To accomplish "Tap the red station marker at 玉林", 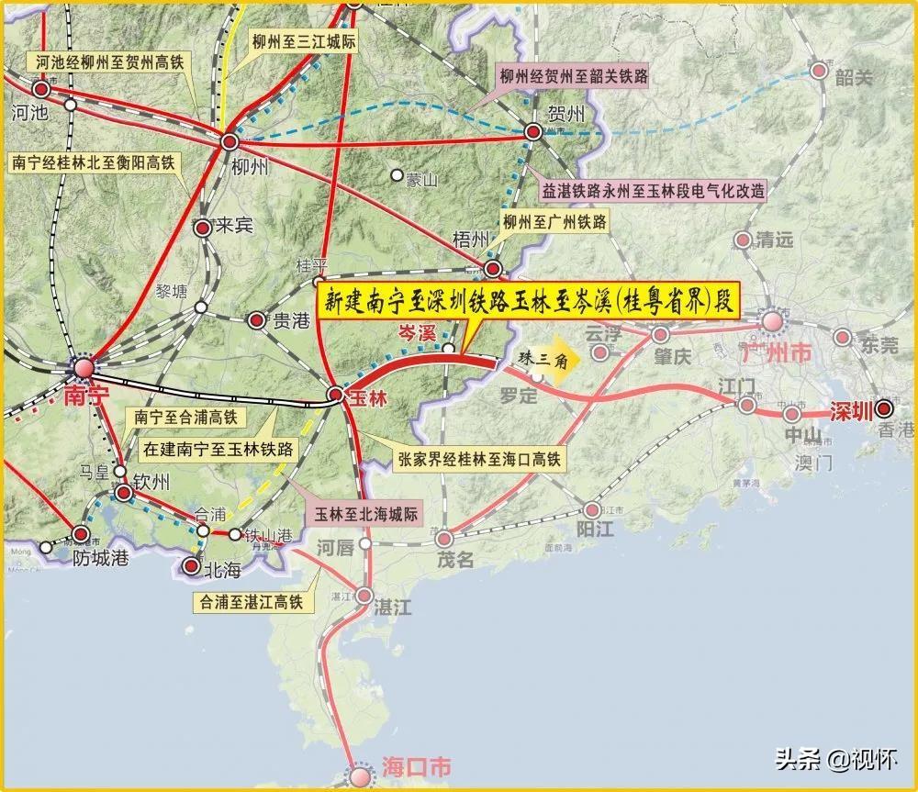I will tap(336, 396).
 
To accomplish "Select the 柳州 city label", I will tap(249, 167).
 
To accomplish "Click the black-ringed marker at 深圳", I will tap(884, 409).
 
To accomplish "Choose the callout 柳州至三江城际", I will tap(304, 42).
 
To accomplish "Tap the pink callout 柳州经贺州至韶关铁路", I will tap(572, 75).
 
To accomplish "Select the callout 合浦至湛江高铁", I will tap(248, 602).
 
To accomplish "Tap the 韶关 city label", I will tap(854, 77).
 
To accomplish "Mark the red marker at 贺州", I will tap(532, 133).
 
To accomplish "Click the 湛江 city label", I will tap(394, 606).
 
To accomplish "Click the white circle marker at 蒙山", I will tap(397, 174).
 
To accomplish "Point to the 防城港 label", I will tap(102, 557).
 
